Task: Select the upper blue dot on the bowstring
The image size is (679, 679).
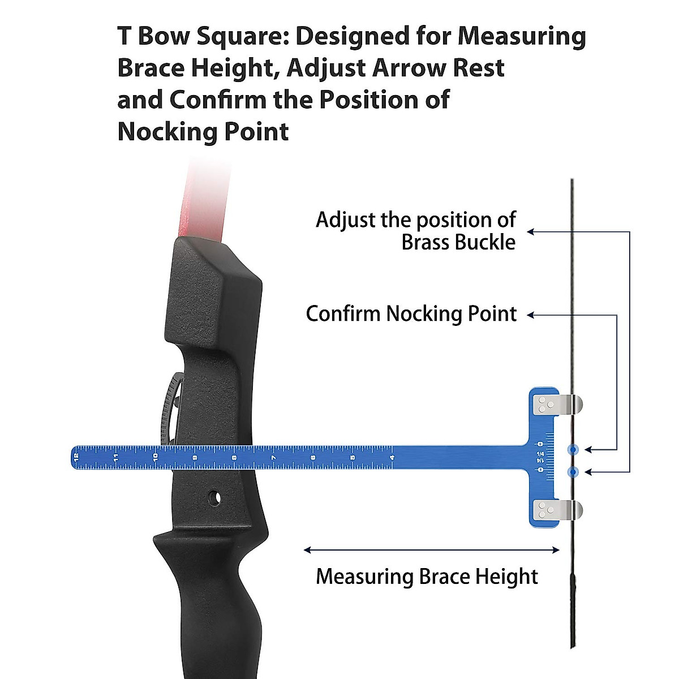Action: click(573, 450)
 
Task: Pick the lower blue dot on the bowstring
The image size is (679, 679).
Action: click(573, 471)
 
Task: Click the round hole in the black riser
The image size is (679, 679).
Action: click(214, 497)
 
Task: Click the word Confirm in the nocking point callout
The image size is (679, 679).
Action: click(343, 313)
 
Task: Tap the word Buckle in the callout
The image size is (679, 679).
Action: click(487, 243)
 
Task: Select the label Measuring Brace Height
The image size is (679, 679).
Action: click(427, 577)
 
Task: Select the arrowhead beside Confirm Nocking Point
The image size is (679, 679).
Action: click(531, 315)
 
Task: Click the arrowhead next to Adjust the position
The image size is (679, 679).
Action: click(531, 231)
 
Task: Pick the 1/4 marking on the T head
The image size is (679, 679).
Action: click(540, 454)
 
